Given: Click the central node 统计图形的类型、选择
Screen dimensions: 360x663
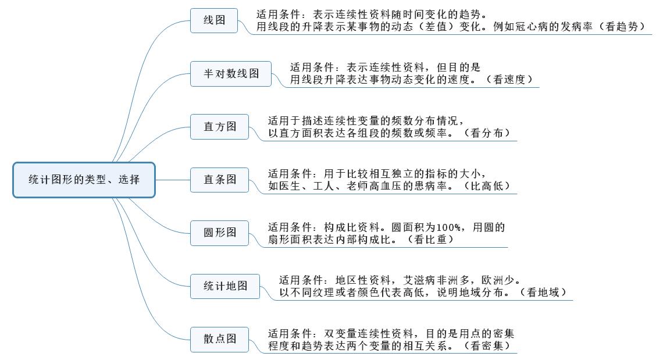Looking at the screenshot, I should (84, 180).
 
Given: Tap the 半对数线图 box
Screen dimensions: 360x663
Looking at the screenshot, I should (231, 74).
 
